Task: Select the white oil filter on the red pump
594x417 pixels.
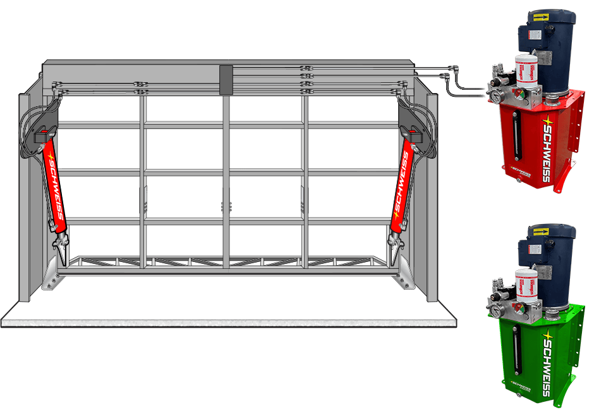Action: click(525, 75)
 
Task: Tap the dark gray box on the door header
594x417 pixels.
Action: click(224, 80)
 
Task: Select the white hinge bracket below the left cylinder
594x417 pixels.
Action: click(52, 269)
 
